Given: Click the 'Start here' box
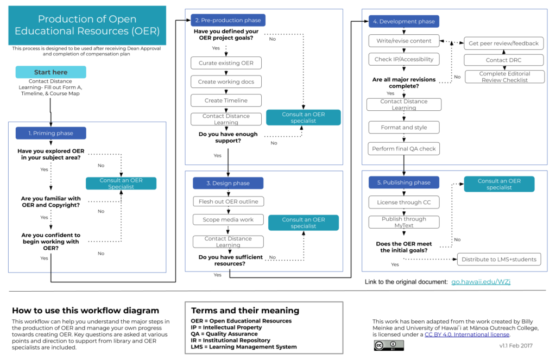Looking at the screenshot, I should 50,72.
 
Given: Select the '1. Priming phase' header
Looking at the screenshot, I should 51,133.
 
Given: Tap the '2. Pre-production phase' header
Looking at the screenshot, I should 228,20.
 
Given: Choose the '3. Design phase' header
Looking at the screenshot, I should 228,184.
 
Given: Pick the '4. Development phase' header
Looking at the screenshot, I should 403,22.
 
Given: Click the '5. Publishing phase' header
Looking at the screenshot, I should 403,183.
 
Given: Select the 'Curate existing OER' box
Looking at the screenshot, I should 226,63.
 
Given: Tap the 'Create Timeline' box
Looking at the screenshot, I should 226,100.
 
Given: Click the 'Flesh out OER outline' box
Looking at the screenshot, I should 228,201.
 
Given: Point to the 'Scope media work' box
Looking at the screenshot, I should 228,220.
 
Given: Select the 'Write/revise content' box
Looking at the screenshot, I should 403,41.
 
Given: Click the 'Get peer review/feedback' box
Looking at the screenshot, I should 503,43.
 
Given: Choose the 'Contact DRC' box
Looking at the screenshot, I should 503,60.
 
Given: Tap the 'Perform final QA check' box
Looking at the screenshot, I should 403,148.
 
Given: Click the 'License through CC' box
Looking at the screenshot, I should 403,203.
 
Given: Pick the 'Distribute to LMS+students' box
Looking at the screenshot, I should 499,259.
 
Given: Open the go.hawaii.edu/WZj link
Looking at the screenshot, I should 481,282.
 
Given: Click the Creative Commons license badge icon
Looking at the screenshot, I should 388,345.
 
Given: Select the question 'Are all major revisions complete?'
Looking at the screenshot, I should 403,83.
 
